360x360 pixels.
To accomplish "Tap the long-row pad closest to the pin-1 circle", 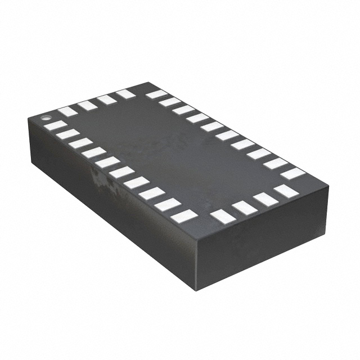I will pyautogui.click(x=55, y=125).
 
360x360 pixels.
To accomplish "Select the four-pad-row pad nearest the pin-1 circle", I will pyautogui.click(x=67, y=111).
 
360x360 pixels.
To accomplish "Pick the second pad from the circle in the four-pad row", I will pyautogui.click(x=87, y=105).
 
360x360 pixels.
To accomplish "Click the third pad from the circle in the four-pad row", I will pyautogui.click(x=106, y=100).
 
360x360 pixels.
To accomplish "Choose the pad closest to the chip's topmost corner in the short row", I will pyautogui.click(x=125, y=94).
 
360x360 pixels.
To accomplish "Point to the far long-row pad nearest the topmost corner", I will pyautogui.click(x=157, y=94).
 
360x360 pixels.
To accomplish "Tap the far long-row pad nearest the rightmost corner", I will pyautogui.click(x=293, y=173).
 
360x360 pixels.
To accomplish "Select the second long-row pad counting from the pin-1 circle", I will pyautogui.click(x=67, y=134).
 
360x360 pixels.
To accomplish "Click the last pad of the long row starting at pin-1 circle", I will pyautogui.click(x=184, y=215).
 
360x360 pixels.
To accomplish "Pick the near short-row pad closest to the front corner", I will pyautogui.click(x=222, y=216).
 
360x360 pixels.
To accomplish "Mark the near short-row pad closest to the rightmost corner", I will pyautogui.click(x=286, y=190).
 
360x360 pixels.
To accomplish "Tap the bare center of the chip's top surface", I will pyautogui.click(x=174, y=152).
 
